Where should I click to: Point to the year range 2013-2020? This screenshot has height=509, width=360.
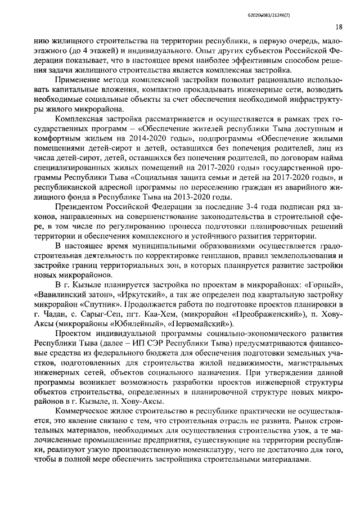(193, 196)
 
